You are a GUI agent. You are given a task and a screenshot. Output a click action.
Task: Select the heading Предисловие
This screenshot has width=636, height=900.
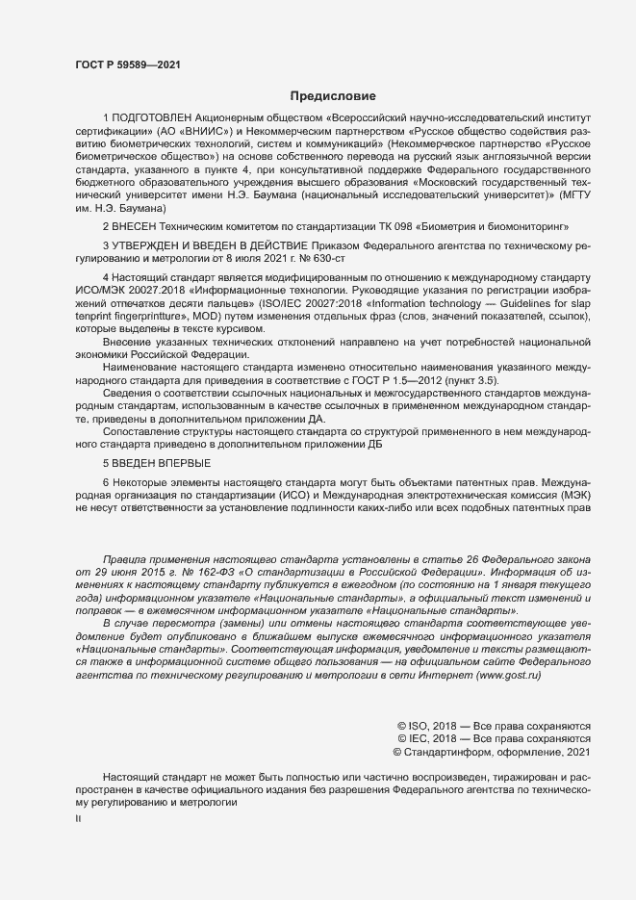(x=332, y=96)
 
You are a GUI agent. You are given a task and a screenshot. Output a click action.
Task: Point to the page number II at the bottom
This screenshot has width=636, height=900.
(x=79, y=819)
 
